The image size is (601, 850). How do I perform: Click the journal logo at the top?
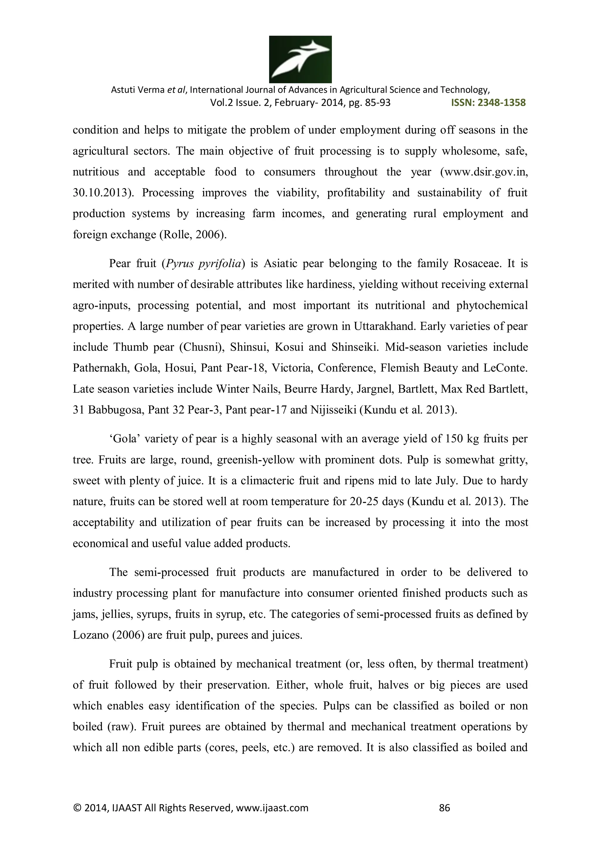click(300, 59)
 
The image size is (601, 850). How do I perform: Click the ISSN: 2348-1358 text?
click(488, 103)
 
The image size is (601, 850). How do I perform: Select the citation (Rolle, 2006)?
click(193, 235)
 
